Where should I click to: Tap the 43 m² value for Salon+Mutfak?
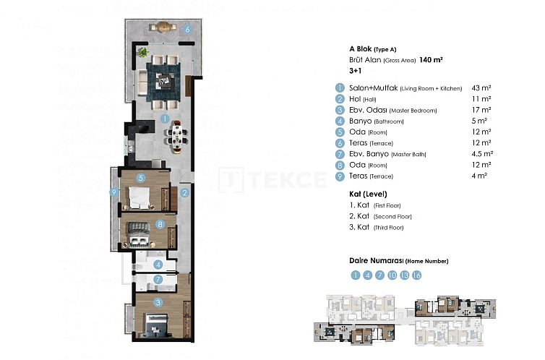(x=481, y=87)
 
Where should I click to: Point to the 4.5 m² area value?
(x=482, y=153)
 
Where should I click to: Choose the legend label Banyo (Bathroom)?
(x=377, y=121)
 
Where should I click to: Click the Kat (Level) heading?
(x=368, y=194)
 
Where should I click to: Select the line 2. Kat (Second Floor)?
(x=380, y=216)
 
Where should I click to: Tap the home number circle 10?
(x=392, y=275)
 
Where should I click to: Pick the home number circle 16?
(x=417, y=275)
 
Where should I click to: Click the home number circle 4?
(x=367, y=275)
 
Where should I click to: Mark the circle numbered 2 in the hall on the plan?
(x=185, y=193)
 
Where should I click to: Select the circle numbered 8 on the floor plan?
(x=160, y=223)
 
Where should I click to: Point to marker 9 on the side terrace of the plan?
(x=114, y=192)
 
